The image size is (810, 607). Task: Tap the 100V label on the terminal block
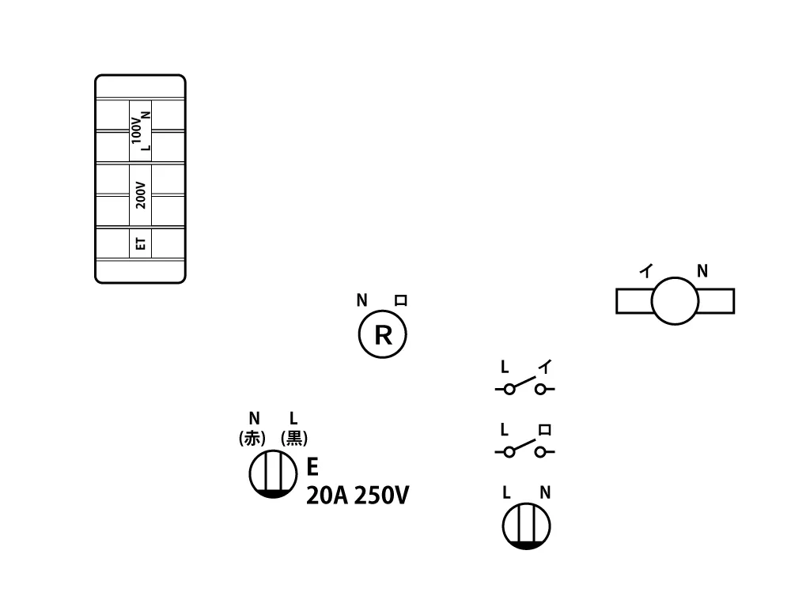point(136,130)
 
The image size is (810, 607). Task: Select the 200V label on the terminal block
point(141,195)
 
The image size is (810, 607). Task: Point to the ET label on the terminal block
point(141,243)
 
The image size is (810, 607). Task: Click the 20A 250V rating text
point(358,496)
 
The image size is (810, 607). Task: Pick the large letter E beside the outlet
point(312,466)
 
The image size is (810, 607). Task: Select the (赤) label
point(252,438)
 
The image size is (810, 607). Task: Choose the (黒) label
point(294,438)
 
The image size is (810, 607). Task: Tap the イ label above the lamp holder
point(646,270)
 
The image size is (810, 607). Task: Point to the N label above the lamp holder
point(702,271)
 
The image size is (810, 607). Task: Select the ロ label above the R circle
point(401,300)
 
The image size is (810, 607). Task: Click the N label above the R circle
point(361,300)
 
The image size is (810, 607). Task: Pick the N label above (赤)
point(254,418)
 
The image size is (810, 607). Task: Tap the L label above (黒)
point(293,418)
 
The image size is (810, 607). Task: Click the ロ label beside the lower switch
point(544,429)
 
